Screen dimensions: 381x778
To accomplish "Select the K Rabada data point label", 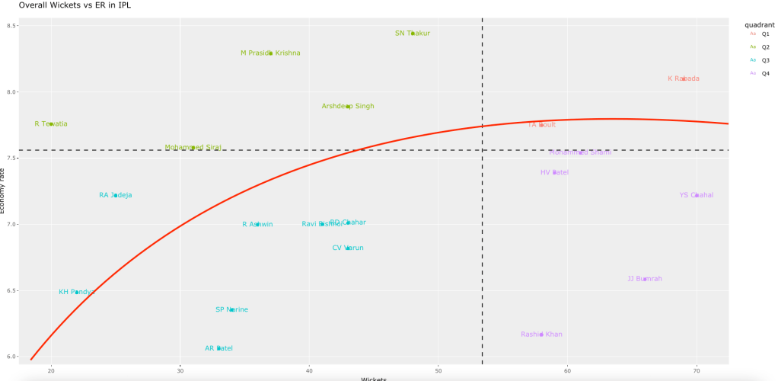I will [x=684, y=78].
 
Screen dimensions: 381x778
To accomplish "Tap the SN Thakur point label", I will [x=413, y=34].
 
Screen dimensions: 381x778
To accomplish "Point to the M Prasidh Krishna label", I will [x=270, y=53].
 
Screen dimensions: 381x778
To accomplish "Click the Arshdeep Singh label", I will [x=348, y=106].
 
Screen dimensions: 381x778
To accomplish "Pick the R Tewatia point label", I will [x=51, y=123].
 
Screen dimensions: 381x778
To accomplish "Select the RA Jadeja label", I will [x=116, y=195].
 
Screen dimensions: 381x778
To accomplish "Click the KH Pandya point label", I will [x=77, y=292].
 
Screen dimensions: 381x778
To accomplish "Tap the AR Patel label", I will [x=219, y=348].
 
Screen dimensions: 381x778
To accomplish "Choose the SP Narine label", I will [x=231, y=309].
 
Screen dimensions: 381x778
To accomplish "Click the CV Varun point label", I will [x=348, y=248].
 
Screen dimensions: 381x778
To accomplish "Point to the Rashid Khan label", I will [x=541, y=334].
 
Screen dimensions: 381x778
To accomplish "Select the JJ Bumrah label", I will [x=645, y=279].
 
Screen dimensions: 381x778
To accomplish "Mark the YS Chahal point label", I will [x=697, y=195].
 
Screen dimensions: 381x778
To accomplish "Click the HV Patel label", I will [x=554, y=172].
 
